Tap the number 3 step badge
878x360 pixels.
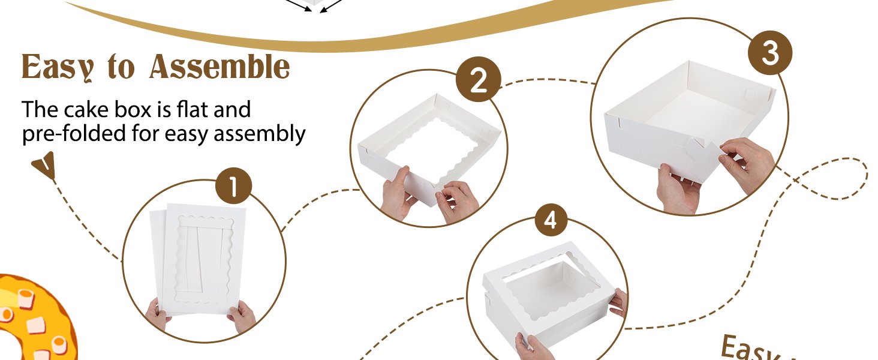[x=770, y=55]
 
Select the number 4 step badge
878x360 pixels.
[x=551, y=221]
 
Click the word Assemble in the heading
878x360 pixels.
[x=220, y=67]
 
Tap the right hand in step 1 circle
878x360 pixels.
[x=243, y=316]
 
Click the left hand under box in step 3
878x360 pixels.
[x=678, y=189]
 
